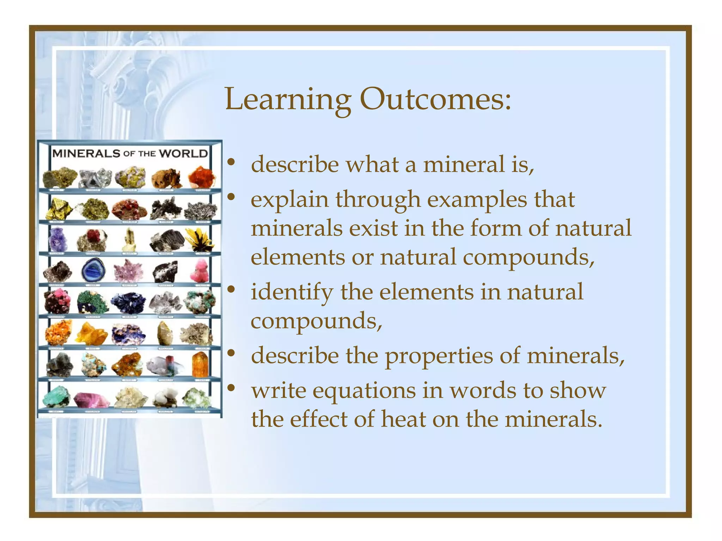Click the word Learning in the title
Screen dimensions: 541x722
287,100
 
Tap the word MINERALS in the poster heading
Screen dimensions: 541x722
86,153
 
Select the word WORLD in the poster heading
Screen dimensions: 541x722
183,154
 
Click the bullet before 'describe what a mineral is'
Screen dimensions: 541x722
231,163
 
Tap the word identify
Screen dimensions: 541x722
292,292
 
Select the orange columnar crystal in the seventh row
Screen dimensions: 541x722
200,365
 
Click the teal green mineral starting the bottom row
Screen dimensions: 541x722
56,396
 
